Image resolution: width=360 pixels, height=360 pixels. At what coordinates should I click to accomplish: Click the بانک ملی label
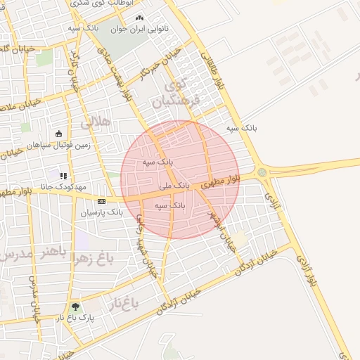(x=174, y=186)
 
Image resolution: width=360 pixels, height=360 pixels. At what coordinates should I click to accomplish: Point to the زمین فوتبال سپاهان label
(x=59, y=145)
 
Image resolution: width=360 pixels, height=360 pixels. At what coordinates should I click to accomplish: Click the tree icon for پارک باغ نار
(x=75, y=307)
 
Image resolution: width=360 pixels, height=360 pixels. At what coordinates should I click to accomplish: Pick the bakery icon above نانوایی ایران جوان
(x=139, y=18)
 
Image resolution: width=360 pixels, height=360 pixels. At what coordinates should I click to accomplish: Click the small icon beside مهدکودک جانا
(x=63, y=176)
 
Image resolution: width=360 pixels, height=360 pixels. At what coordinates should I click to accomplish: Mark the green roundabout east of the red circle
(x=262, y=172)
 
